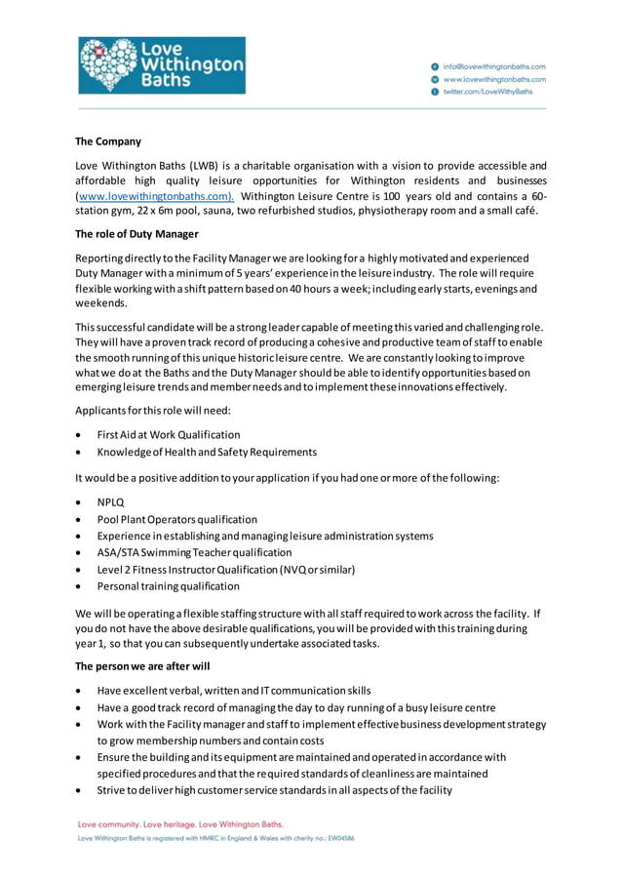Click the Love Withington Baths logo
click(x=162, y=65)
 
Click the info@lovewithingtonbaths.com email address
click(x=494, y=65)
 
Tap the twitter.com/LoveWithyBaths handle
click(x=487, y=91)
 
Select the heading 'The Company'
click(x=108, y=141)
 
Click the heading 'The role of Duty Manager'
click(x=136, y=234)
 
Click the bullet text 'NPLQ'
click(x=110, y=502)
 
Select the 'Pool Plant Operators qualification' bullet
click(x=177, y=519)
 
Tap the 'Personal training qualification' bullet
click(x=168, y=586)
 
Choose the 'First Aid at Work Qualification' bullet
click(x=169, y=435)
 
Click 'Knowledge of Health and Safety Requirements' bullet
click(x=207, y=452)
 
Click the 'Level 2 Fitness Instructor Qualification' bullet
click(x=225, y=570)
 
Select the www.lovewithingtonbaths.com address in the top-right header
click(x=494, y=78)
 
